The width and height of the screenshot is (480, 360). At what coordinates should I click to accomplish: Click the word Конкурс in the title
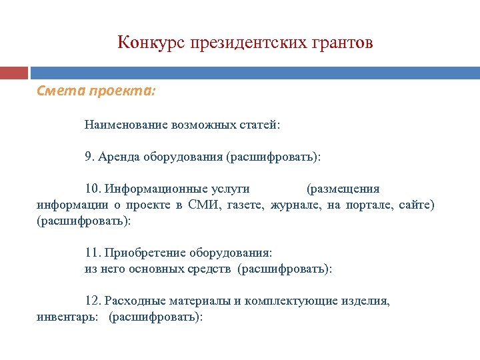151,43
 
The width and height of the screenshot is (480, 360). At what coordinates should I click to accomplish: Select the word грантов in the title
342,43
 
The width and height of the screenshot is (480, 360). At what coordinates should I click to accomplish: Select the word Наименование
125,125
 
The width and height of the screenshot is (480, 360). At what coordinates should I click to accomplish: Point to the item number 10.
93,189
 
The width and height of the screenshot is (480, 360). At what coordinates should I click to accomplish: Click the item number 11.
92,253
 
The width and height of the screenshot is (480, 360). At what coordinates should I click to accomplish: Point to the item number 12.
93,301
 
